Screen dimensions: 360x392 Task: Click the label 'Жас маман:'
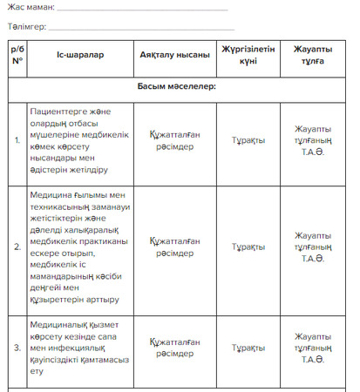pos(31,7)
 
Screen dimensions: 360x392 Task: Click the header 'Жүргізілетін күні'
pos(248,55)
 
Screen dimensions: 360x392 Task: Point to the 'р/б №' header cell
pos(17,55)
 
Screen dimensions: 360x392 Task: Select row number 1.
pos(17,140)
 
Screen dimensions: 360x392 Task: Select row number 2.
pos(17,247)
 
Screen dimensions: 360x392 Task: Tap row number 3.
pos(17,348)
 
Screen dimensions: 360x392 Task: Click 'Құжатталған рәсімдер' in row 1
pos(174,140)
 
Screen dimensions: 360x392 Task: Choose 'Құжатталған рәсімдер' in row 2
pos(174,247)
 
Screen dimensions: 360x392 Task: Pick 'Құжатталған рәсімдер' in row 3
pos(174,348)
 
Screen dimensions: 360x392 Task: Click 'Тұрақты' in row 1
pos(248,140)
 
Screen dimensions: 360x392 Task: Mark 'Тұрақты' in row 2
pos(248,247)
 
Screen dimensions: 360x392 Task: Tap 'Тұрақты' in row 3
pos(248,348)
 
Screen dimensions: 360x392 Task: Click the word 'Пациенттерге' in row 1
pos(63,112)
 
